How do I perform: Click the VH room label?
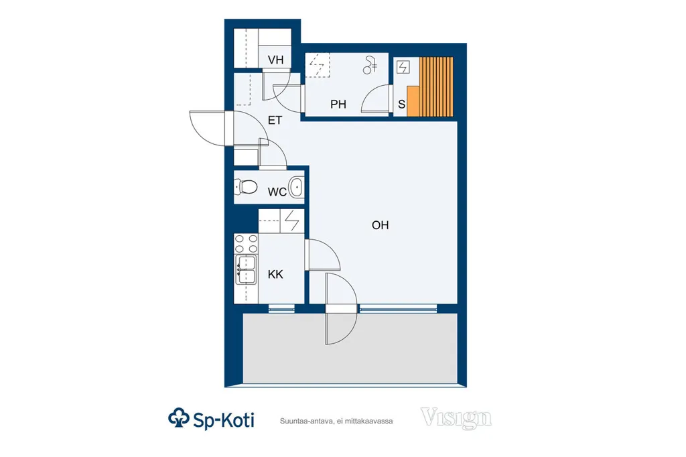[x=275, y=60]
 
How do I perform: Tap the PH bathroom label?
[x=338, y=104]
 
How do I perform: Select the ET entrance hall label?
[x=275, y=120]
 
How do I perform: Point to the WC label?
[x=277, y=192]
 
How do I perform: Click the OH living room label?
[x=381, y=225]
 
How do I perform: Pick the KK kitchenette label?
[x=275, y=275]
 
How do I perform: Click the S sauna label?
[x=402, y=104]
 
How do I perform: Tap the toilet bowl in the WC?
[x=245, y=187]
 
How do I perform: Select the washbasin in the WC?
[x=297, y=187]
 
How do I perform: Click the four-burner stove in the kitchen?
[x=247, y=244]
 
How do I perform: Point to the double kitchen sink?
[x=245, y=269]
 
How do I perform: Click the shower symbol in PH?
[x=370, y=66]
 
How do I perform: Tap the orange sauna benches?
[x=430, y=86]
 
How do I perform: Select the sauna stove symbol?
[x=403, y=68]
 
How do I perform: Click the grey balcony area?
[x=350, y=348]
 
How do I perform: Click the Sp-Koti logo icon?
[x=178, y=418]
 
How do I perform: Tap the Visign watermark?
[x=456, y=418]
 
